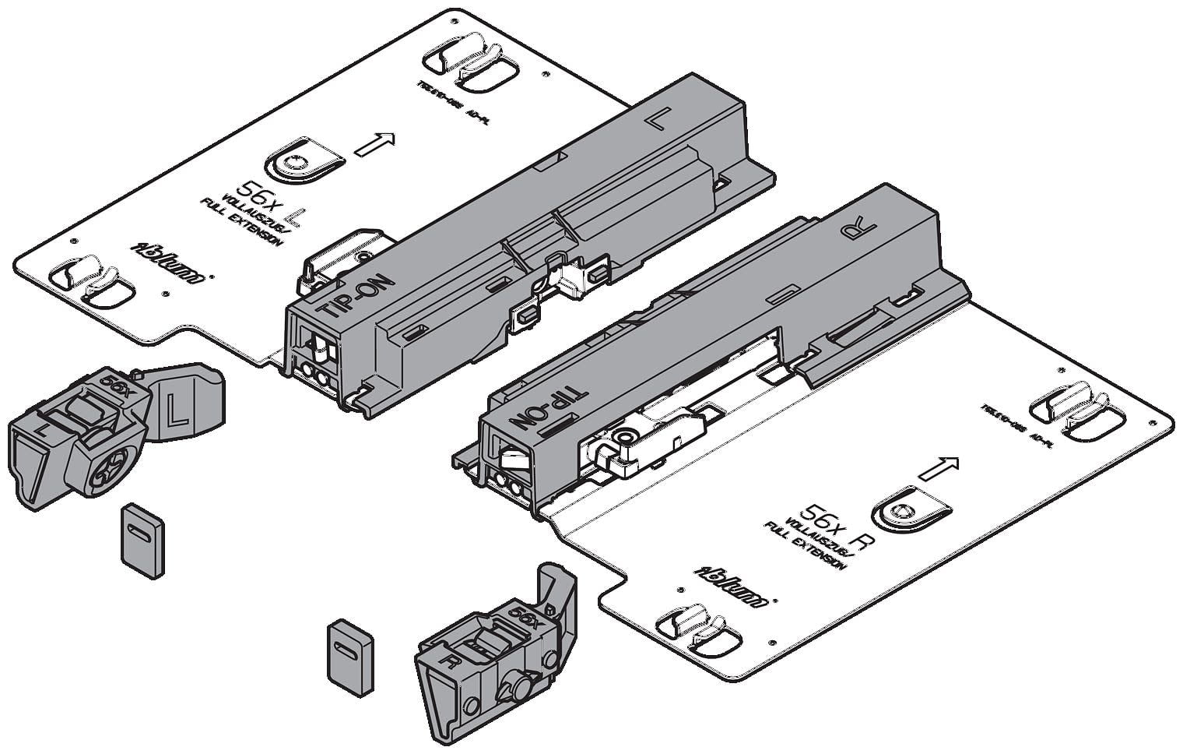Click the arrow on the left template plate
tap(375, 143)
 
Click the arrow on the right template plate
tap(938, 468)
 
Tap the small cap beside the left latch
tap(142, 540)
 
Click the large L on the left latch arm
tap(176, 409)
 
